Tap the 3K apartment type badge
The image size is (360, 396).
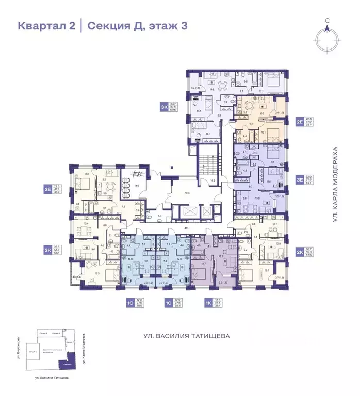[x=165, y=107]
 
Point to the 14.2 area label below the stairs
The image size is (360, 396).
[x=212, y=181]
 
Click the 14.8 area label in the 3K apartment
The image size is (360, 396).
[x=204, y=89]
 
